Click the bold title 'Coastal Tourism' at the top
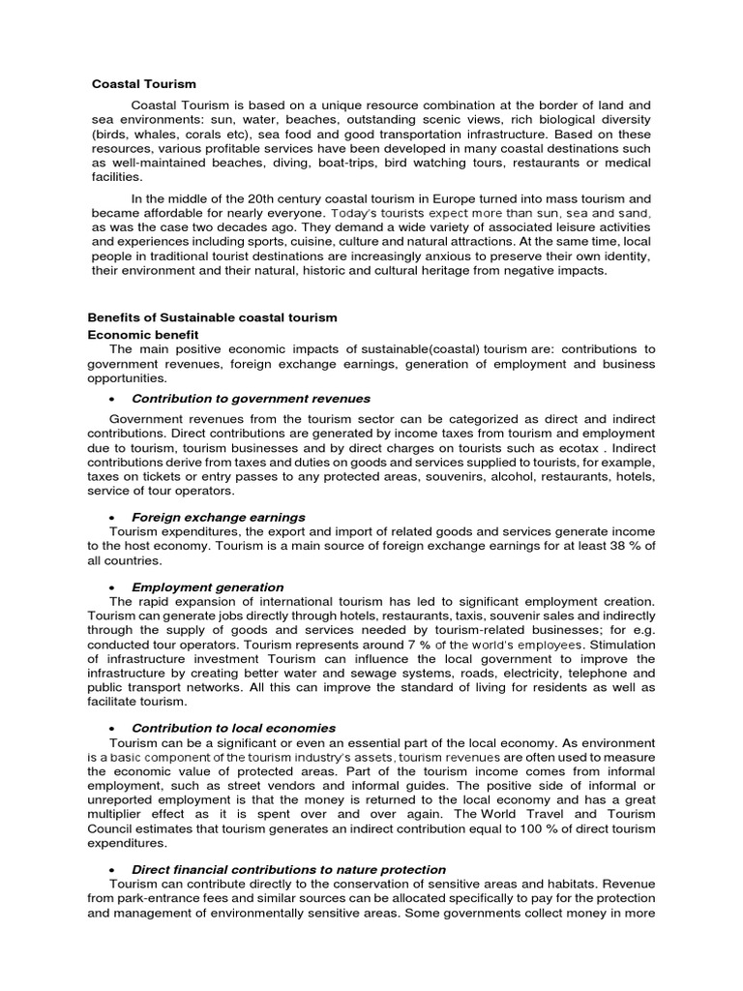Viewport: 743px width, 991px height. [144, 84]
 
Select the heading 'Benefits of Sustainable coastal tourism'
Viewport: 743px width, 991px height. [212, 317]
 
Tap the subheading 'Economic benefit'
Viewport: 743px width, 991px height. [143, 334]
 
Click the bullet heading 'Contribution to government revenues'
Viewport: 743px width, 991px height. [251, 399]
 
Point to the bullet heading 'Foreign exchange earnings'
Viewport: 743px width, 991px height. [219, 517]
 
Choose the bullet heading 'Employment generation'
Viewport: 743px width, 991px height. [208, 586]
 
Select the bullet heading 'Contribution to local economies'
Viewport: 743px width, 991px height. [234, 728]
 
